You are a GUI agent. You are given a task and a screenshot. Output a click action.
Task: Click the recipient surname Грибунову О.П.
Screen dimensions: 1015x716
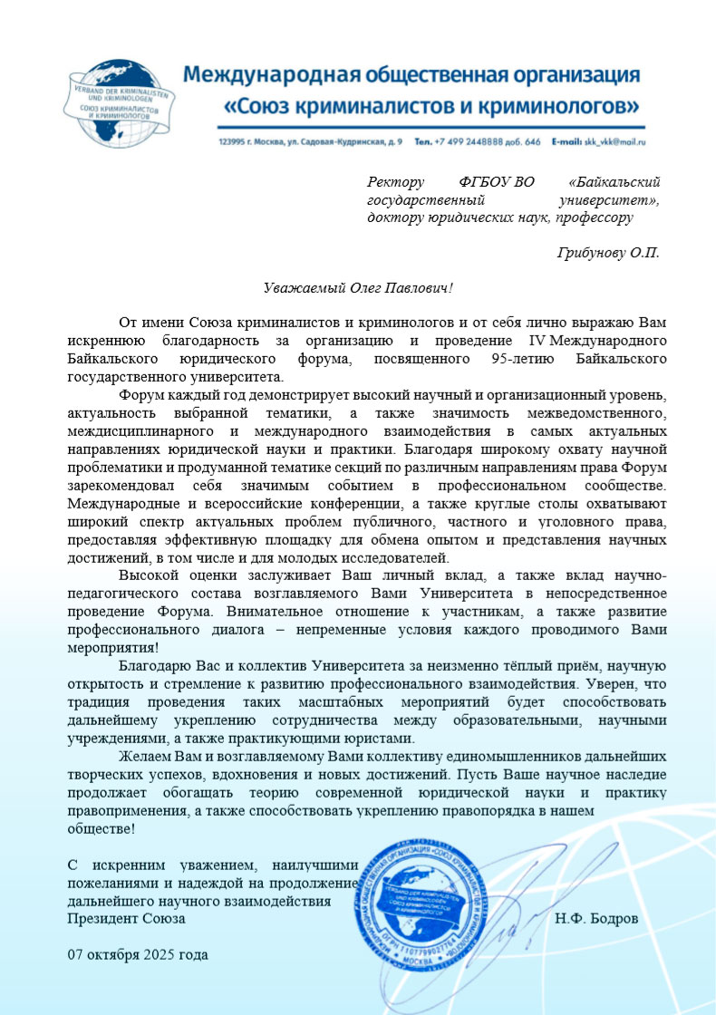(x=607, y=252)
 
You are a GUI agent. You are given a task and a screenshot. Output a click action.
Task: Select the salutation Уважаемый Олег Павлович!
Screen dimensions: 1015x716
(x=357, y=288)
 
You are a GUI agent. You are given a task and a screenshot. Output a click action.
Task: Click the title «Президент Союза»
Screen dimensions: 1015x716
(x=127, y=918)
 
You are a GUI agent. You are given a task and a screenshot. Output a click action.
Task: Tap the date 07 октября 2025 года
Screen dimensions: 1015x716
(x=138, y=954)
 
